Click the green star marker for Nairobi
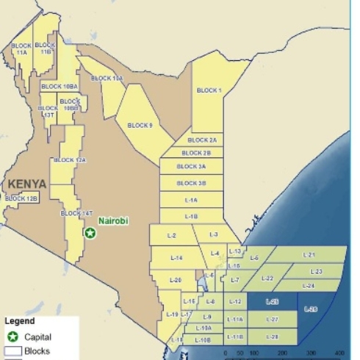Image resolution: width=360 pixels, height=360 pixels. pyautogui.click(x=90, y=233)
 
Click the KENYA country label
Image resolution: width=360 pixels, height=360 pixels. pyautogui.click(x=27, y=184)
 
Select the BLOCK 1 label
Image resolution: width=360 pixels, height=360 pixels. pyautogui.click(x=209, y=90)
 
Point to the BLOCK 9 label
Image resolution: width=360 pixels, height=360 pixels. pyautogui.click(x=140, y=126)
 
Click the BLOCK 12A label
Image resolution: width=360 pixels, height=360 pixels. pyautogui.click(x=70, y=159)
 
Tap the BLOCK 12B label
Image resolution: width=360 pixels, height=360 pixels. pyautogui.click(x=21, y=198)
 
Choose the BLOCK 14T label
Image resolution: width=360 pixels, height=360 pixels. pyautogui.click(x=76, y=213)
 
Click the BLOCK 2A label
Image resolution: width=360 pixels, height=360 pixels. pyautogui.click(x=201, y=140)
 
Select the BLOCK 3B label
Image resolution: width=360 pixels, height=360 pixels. pyautogui.click(x=192, y=183)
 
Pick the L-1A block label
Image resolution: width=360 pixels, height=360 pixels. pyautogui.click(x=190, y=200)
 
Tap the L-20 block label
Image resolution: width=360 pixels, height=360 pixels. pyautogui.click(x=176, y=280)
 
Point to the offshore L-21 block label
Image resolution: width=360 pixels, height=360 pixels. pyautogui.click(x=309, y=255)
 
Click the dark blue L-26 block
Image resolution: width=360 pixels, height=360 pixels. pyautogui.click(x=311, y=309)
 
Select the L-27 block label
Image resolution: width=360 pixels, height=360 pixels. pyautogui.click(x=272, y=320)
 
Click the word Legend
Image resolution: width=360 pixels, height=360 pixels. pyautogui.click(x=20, y=321)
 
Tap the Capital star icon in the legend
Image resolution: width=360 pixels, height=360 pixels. pyautogui.click(x=13, y=336)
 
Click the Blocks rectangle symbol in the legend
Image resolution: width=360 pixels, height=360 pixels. pyautogui.click(x=13, y=351)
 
